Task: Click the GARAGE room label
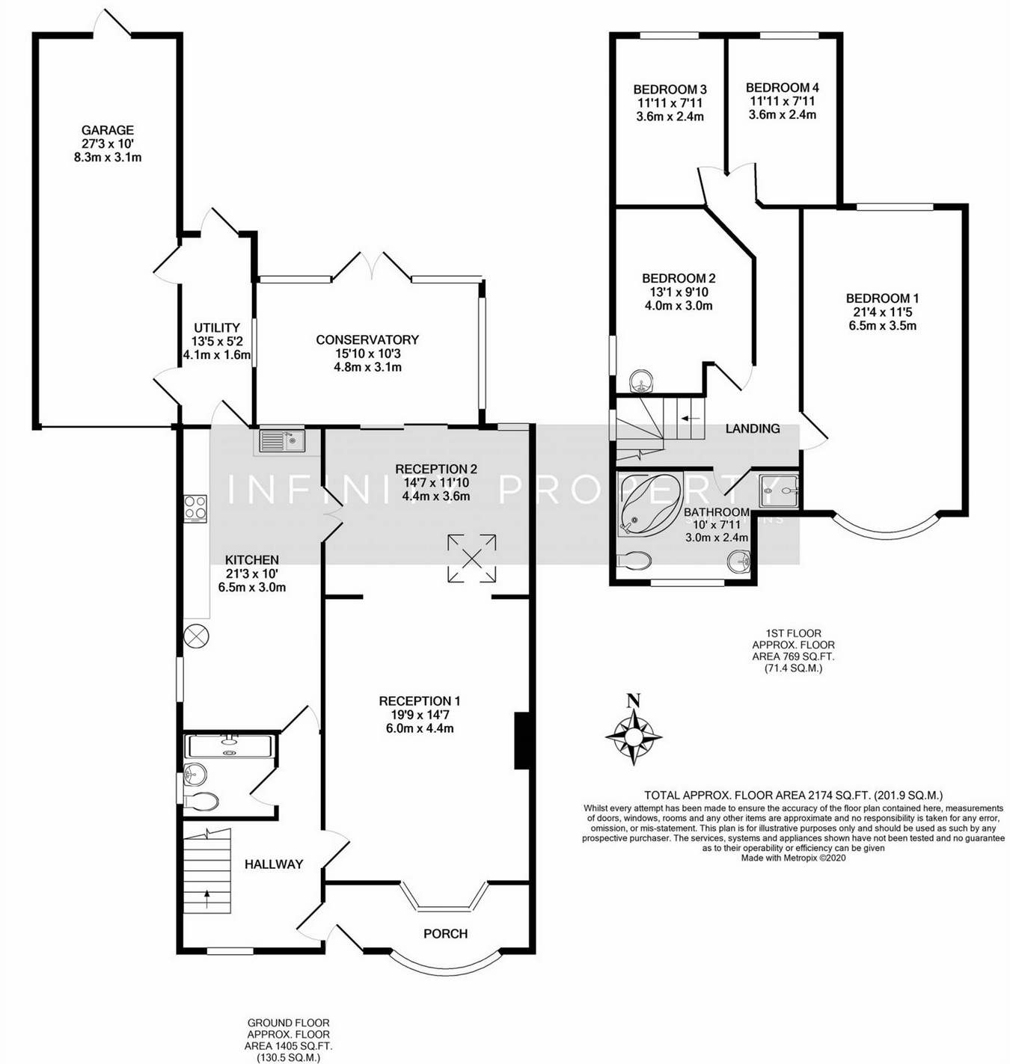(108, 130)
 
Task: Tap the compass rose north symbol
(634, 733)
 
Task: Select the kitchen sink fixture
(282, 441)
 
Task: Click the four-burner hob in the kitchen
(195, 508)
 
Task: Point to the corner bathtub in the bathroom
(648, 504)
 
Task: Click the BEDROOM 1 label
(883, 298)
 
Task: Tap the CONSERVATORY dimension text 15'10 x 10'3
(367, 354)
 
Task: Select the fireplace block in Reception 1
(522, 741)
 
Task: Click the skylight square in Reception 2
(471, 558)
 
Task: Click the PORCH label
(445, 933)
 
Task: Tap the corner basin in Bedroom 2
(642, 382)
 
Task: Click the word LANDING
(753, 428)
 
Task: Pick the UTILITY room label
(217, 327)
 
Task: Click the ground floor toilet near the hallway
(202, 802)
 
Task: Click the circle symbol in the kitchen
(197, 636)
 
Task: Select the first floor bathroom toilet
(636, 561)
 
